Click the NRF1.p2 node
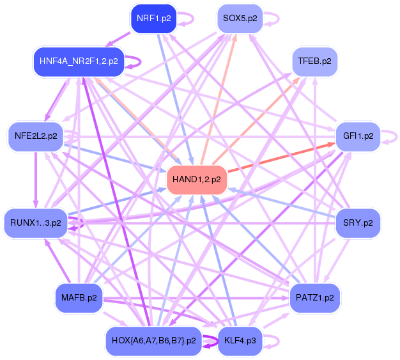tap(153, 19)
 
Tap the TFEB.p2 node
tap(314, 62)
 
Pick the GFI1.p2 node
tap(358, 136)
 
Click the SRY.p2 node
tap(358, 223)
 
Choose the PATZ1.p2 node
tap(314, 297)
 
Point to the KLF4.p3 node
tap(240, 341)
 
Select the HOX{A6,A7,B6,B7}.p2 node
tap(154, 341)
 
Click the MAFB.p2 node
tap(79, 297)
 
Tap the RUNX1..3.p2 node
tap(36, 223)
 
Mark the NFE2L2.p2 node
tap(36, 136)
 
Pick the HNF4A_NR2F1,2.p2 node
tap(79, 61)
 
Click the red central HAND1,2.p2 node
tap(197, 180)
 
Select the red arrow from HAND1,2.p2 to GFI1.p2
tap(281, 157)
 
